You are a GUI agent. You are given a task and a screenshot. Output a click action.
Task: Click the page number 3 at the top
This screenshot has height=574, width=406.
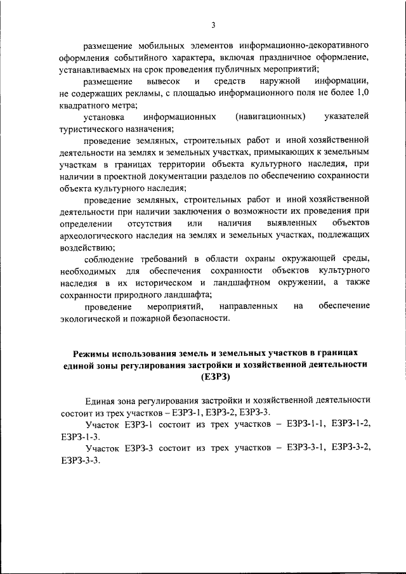click(214, 25)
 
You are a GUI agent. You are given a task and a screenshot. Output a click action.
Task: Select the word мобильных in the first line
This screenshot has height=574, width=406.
click(159, 46)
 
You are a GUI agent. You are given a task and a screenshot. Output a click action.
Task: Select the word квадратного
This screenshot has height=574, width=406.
click(82, 105)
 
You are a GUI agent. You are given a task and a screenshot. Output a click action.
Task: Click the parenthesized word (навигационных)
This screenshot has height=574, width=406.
click(270, 117)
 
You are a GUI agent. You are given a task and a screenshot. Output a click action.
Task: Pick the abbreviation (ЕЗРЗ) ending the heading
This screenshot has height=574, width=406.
click(216, 377)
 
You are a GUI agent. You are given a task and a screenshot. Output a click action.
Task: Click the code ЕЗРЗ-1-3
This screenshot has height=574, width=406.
click(80, 436)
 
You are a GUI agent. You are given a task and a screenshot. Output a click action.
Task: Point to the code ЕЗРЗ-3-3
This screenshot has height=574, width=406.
click(80, 460)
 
